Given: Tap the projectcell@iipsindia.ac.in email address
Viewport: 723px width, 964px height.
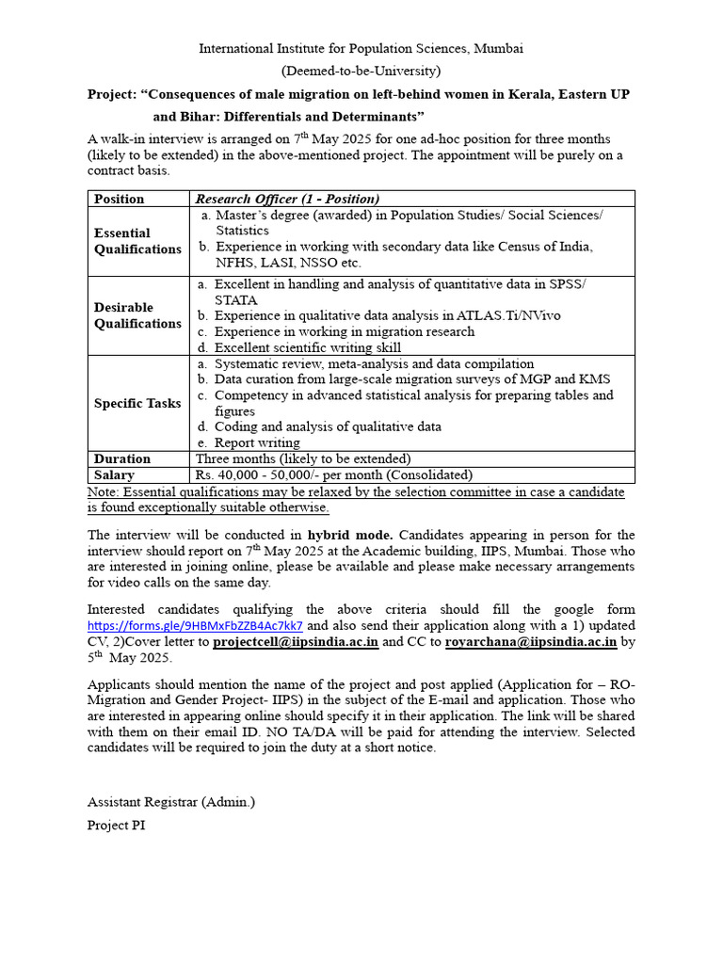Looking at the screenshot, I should tap(296, 642).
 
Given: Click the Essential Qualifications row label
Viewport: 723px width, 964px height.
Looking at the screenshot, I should tap(137, 241).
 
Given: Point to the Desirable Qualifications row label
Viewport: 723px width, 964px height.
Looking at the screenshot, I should tap(137, 315).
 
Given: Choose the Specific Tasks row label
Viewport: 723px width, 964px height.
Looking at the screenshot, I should tap(137, 403).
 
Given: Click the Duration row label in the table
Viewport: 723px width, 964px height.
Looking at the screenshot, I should tap(122, 458).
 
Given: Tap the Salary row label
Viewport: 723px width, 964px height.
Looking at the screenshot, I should tap(115, 475).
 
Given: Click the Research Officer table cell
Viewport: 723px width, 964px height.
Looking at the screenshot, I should tap(287, 199).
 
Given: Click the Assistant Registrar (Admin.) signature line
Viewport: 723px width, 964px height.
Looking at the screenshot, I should tap(171, 802).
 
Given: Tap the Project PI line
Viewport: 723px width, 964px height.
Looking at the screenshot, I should tap(117, 825).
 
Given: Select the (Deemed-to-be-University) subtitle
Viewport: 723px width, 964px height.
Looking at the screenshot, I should tap(361, 71).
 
